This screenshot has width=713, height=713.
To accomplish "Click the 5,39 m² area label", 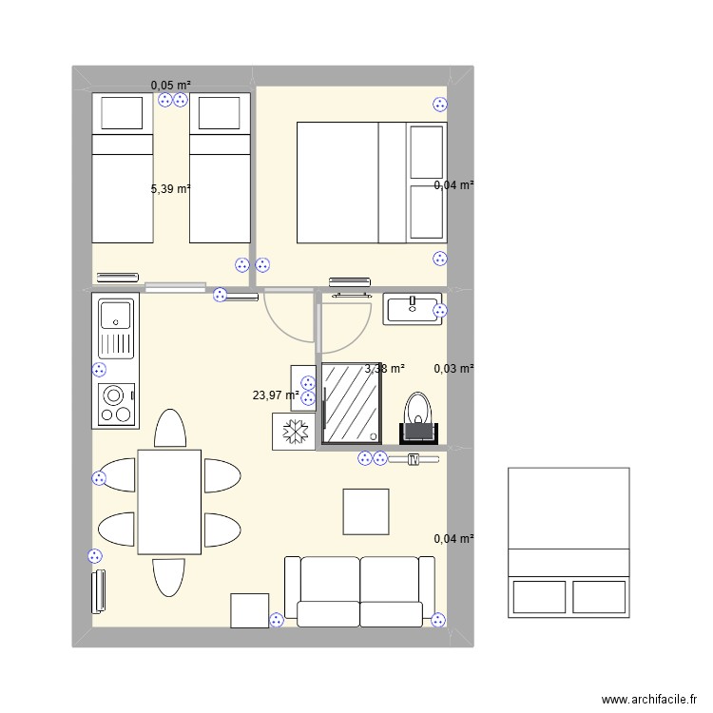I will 170,189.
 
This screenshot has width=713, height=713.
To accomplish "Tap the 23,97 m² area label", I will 276,395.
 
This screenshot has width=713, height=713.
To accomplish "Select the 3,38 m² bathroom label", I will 385,369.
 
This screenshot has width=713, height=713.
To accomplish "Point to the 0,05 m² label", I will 171,86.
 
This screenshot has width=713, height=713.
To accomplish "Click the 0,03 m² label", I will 453,369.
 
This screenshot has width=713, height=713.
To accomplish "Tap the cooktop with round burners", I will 116,404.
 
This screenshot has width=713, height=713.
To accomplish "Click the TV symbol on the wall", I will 413,459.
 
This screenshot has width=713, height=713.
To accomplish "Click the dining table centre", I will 169,501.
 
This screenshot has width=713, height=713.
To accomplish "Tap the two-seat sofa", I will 360,591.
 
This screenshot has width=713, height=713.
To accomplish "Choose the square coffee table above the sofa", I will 366,511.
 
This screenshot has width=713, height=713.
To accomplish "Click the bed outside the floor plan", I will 568,543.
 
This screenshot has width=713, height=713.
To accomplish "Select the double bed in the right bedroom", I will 372,183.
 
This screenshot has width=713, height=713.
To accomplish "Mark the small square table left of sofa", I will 249,610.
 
